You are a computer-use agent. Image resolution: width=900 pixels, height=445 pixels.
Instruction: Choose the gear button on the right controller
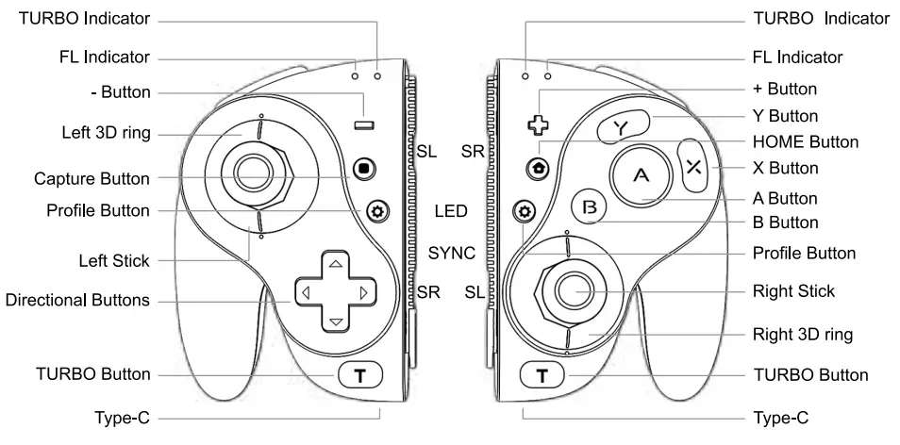click(523, 210)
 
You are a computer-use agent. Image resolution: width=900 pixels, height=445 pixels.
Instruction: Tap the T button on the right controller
click(541, 375)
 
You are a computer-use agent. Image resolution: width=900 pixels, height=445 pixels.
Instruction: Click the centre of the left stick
click(251, 171)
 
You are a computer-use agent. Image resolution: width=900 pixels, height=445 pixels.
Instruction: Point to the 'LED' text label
click(452, 210)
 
